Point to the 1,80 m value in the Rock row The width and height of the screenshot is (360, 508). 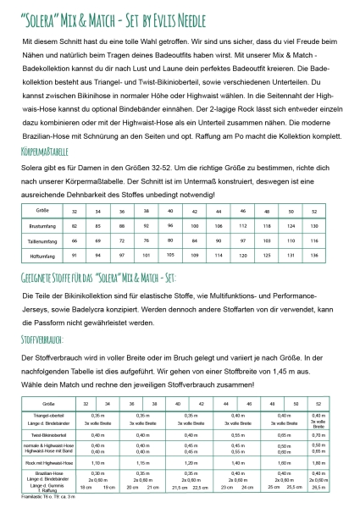pos(318,463)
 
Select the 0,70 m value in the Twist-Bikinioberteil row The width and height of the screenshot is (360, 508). pos(318,433)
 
